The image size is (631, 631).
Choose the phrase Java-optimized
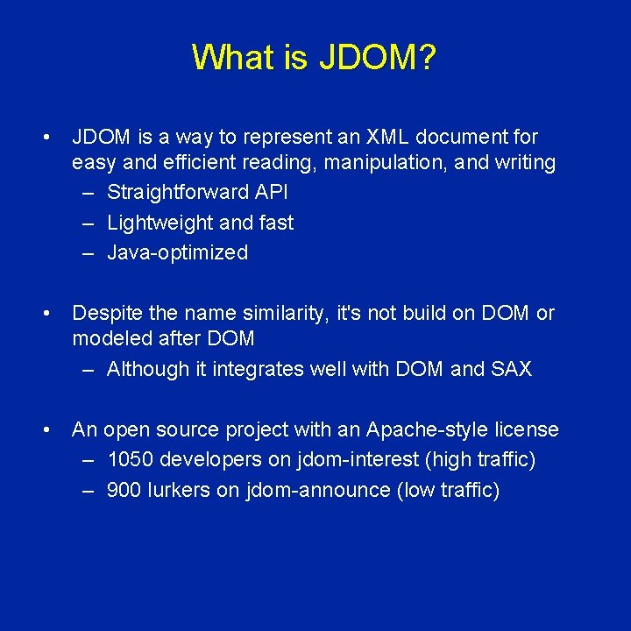pos(177,253)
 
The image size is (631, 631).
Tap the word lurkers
pos(180,490)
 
